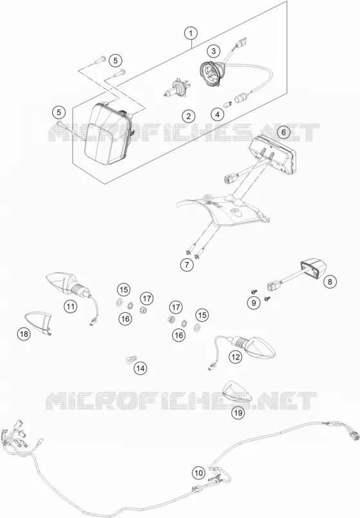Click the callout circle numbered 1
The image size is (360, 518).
[191, 33]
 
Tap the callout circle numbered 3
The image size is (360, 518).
[214, 51]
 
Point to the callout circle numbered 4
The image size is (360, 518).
[217, 115]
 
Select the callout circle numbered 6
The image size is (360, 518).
[283, 132]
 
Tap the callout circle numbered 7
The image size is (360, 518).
[187, 265]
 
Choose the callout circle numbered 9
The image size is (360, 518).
[254, 303]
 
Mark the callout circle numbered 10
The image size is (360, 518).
[198, 473]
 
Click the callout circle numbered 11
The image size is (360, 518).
[70, 306]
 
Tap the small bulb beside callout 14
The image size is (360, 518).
[131, 359]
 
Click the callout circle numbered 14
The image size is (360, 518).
[140, 368]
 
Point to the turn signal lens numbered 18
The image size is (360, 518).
[39, 321]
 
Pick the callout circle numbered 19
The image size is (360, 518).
[238, 412]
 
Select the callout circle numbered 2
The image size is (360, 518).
[188, 116]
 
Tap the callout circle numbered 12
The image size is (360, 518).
[236, 357]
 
